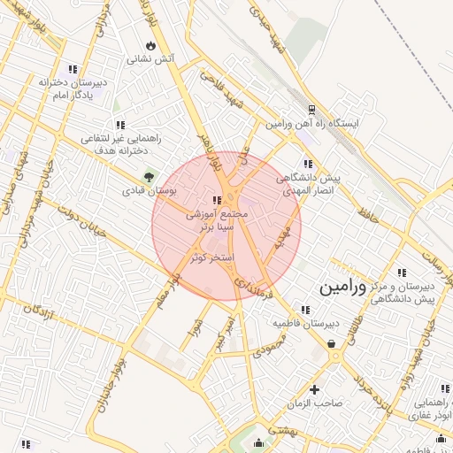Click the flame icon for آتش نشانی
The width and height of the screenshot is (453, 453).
pyautogui.click(x=150, y=44)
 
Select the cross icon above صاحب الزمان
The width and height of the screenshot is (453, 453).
pyautogui.click(x=314, y=388)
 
